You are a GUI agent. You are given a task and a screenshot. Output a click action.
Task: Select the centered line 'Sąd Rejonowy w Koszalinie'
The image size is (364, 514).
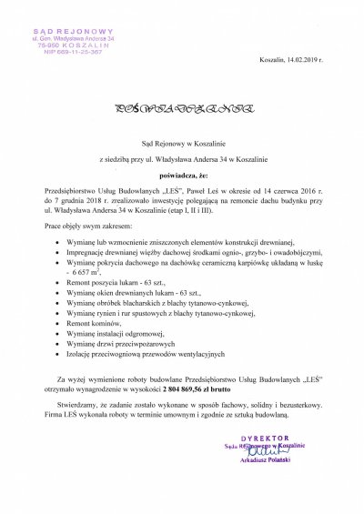[181, 144]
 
